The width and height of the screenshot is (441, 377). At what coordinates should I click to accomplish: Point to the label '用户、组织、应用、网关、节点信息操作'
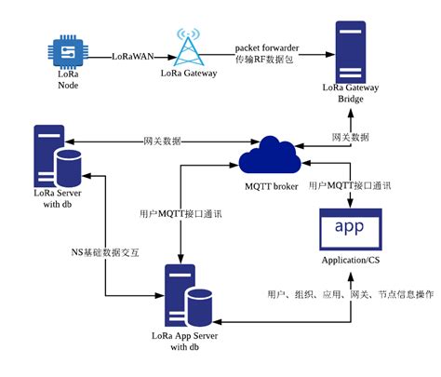tap(351, 295)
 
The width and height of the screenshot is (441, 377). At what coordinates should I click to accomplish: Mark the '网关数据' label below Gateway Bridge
tap(350, 136)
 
